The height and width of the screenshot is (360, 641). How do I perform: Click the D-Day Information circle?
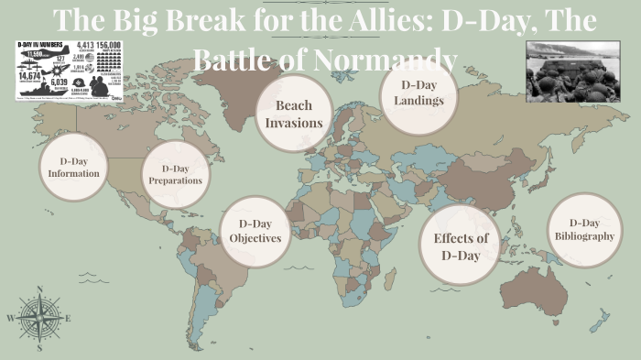74,168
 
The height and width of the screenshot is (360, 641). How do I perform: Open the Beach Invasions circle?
293,114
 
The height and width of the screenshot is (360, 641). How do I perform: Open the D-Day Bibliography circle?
583,230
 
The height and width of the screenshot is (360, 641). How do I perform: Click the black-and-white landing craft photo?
575,71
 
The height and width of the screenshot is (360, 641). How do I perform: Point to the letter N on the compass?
39,289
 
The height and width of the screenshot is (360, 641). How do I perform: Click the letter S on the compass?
39,348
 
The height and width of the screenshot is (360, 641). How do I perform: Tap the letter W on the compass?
10,319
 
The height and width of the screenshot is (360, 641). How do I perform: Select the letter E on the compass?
68,319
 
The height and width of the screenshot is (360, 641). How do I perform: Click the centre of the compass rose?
39,319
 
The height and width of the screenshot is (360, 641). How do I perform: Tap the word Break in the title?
198,22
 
